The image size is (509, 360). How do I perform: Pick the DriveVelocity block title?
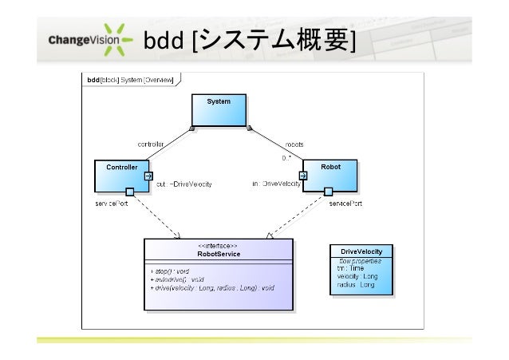click(x=361, y=251)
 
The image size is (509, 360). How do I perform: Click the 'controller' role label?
click(x=152, y=144)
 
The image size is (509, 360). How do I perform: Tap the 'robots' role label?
click(x=294, y=144)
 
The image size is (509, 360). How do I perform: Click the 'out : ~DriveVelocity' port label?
click(x=181, y=184)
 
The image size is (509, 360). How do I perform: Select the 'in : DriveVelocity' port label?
click(x=276, y=184)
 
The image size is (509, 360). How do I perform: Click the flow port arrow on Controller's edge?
click(x=148, y=176)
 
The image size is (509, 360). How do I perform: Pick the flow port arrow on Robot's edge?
click(x=302, y=176)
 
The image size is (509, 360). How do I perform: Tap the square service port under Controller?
click(x=129, y=192)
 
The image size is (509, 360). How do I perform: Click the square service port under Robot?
click(x=328, y=192)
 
